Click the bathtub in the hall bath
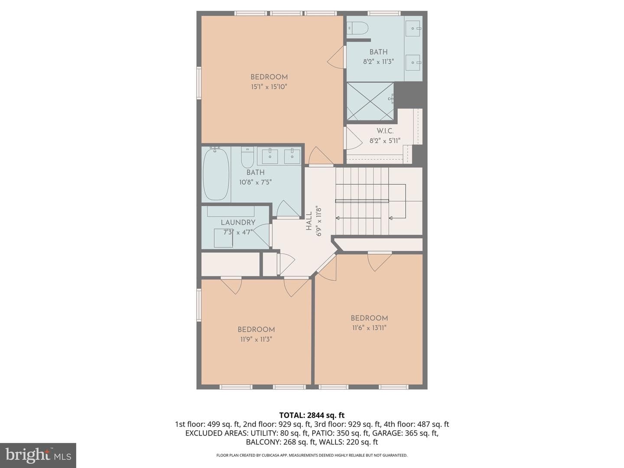point(216,174)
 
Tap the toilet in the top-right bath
point(357,28)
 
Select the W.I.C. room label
point(385,131)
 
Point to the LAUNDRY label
point(238,222)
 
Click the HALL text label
point(309,221)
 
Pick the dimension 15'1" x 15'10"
point(269,87)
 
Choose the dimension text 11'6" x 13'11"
point(369,328)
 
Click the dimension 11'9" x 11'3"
point(256,339)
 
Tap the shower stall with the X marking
point(370,101)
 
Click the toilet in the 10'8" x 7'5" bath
point(247,157)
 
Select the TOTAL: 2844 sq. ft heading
point(312,415)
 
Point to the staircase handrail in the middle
point(362,201)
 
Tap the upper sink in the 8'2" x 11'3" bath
point(413,29)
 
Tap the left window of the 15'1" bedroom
point(199,83)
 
